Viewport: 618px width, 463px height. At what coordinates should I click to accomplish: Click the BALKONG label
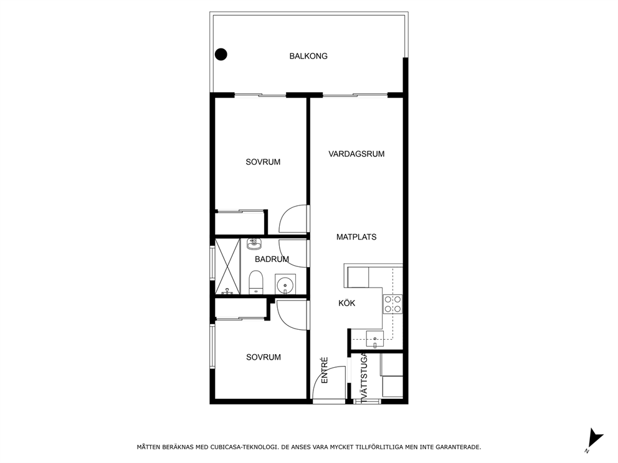[x=308, y=56]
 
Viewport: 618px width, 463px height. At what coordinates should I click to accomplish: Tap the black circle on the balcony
[x=221, y=54]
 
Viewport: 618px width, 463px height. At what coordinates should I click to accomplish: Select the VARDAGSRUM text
[x=356, y=154]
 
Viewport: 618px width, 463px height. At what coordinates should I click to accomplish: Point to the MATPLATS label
[x=356, y=237]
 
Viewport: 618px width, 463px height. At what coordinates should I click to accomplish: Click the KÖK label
[x=347, y=303]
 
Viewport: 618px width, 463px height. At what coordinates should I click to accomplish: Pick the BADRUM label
[x=272, y=259]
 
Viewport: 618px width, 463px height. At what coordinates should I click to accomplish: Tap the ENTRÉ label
[x=325, y=370]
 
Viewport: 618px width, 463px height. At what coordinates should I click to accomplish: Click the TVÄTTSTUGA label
[x=364, y=378]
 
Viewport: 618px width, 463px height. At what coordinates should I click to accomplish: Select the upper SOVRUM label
[x=263, y=162]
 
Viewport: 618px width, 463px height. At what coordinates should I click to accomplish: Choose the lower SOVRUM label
[x=264, y=357]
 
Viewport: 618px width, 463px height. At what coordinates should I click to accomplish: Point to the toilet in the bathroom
[x=256, y=283]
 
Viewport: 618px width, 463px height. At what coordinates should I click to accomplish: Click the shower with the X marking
[x=227, y=266]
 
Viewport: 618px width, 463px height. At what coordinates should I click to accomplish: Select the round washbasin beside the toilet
[x=285, y=284]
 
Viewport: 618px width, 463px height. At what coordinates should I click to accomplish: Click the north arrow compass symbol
[x=594, y=440]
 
